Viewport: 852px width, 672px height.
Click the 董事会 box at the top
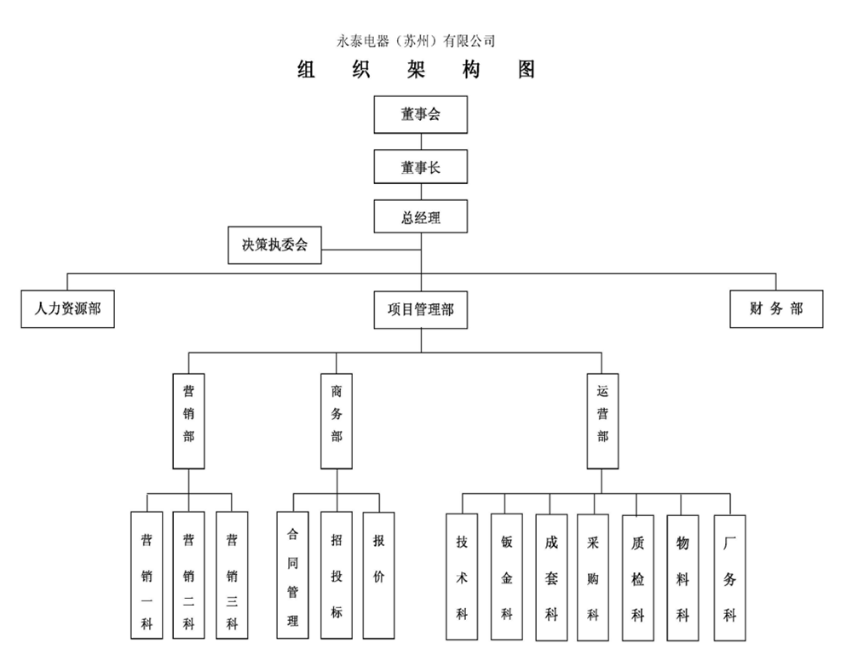point(421,115)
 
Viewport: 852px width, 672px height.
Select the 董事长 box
point(421,167)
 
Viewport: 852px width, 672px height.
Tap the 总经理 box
point(421,217)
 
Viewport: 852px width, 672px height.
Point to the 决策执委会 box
point(274,245)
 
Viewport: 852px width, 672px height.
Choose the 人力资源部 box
point(67,309)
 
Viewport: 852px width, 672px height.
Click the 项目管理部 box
point(421,310)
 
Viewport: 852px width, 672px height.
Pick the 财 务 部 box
point(776,309)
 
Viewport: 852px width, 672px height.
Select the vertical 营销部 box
point(188,420)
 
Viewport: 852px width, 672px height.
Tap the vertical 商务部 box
point(337,420)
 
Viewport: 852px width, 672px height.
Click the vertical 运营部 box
point(602,420)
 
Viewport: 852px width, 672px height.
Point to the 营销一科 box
point(147,575)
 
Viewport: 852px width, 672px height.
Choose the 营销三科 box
point(232,575)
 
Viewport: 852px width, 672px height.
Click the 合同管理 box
point(292,575)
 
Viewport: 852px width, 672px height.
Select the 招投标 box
point(337,575)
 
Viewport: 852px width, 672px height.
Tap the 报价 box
point(378,575)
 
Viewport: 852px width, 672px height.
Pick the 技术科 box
point(462,577)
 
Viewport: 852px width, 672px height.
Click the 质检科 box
point(638,577)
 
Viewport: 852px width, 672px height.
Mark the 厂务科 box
point(729,577)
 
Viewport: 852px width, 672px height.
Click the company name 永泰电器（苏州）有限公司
point(417,41)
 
